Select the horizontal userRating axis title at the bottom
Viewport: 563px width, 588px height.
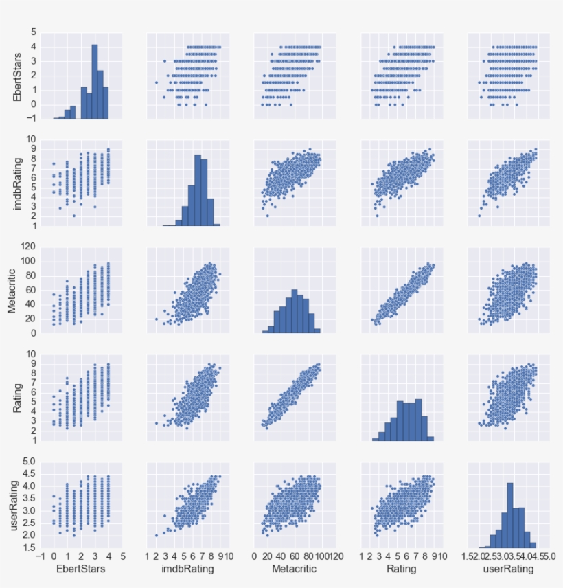click(x=509, y=569)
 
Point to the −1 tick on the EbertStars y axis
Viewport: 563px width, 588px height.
click(x=32, y=118)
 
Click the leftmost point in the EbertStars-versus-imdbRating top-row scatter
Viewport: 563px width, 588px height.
click(x=157, y=82)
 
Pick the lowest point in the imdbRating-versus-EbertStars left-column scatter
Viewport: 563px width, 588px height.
click(x=74, y=216)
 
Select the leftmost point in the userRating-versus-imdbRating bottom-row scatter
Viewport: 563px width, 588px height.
click(x=157, y=535)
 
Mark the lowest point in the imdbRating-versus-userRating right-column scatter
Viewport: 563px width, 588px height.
click(x=479, y=216)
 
